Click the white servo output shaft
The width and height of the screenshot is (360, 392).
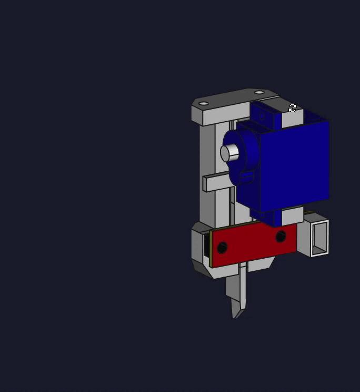pos(229,153)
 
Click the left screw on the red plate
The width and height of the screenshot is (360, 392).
pos(222,247)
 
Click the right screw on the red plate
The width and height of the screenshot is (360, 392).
pos(281,236)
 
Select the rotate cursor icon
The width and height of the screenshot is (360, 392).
pos(293,108)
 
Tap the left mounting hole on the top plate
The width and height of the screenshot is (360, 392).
pos(204,103)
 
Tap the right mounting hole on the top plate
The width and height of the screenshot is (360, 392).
pos(259,93)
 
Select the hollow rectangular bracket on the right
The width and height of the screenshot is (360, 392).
pos(319,239)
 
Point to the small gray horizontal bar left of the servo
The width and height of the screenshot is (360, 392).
pos(216,182)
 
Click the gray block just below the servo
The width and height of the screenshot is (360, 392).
pos(292,215)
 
